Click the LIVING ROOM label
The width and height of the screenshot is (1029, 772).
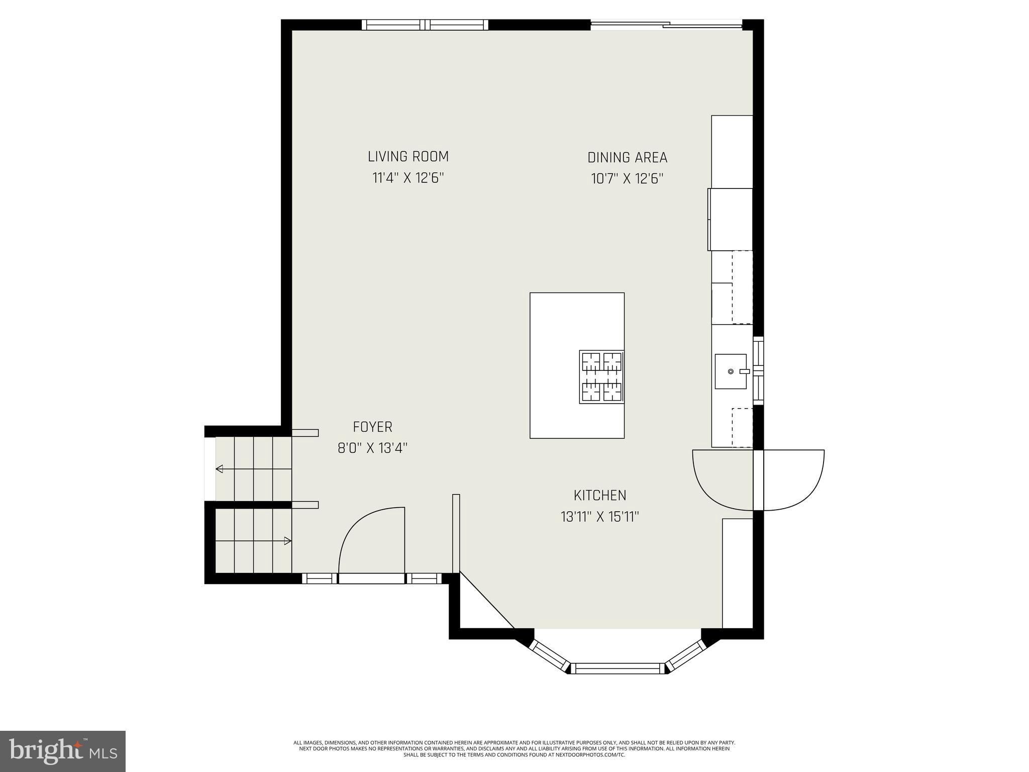pos(408,156)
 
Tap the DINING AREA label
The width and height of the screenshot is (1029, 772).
pos(627,157)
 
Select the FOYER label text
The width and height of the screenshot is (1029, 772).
pos(372,427)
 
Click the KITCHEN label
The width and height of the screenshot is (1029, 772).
pos(600,495)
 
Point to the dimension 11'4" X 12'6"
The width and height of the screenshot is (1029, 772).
pos(408,178)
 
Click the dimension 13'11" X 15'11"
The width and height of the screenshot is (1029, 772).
pos(599,517)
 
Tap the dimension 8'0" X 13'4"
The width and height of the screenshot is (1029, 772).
pos(372,448)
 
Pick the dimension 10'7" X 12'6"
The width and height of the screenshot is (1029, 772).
pos(627,179)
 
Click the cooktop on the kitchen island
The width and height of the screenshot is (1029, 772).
pos(601,377)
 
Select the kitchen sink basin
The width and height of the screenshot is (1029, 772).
pos(731,371)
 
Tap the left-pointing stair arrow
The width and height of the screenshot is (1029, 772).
pos(220,469)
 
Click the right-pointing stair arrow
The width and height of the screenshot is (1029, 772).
pos(287,541)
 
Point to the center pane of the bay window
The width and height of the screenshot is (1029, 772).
pos(617,668)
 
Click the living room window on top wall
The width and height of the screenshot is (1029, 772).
pos(425,25)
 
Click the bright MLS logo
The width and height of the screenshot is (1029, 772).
pos(63,751)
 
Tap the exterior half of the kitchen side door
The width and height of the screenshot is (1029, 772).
pos(794,477)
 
